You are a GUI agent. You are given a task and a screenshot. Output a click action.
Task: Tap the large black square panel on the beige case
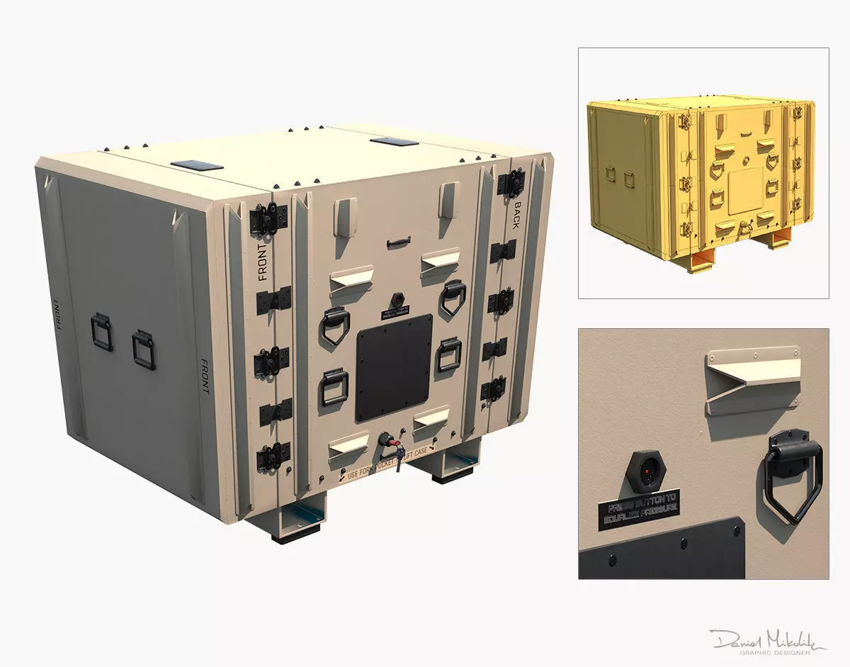click(x=394, y=368)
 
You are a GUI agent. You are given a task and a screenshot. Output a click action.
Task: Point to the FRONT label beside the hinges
click(x=263, y=263)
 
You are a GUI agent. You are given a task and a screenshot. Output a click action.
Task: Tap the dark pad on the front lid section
click(x=196, y=165)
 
